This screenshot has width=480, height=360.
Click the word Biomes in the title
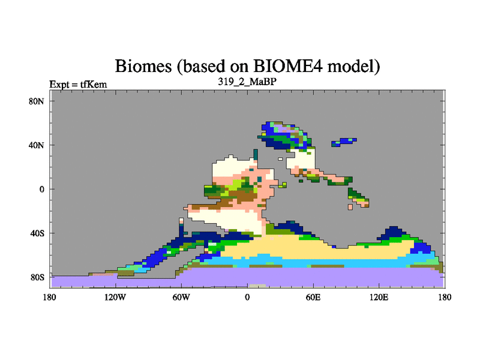coord(143,66)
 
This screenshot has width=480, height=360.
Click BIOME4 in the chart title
coord(288,66)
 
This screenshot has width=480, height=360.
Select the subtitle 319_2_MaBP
coord(247,82)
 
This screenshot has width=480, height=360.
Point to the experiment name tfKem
coord(94,84)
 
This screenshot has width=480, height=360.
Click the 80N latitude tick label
coord(37,101)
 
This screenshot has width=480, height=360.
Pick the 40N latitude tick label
coord(37,145)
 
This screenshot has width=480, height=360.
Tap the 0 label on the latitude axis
coord(41,189)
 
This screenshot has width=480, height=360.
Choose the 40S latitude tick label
coord(37,233)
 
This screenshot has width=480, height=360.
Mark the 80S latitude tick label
coord(37,277)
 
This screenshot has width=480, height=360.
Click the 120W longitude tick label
coord(115,297)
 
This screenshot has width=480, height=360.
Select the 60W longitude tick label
coord(181,297)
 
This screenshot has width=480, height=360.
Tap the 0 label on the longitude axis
coord(247,297)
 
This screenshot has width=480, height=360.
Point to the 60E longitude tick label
coord(313,297)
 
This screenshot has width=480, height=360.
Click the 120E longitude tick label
coord(379,297)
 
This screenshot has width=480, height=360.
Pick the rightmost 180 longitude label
coord(445,297)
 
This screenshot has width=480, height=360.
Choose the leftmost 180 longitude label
coord(50,297)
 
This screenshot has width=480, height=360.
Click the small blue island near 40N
coord(344,142)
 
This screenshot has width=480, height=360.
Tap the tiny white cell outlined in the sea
coord(280,159)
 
